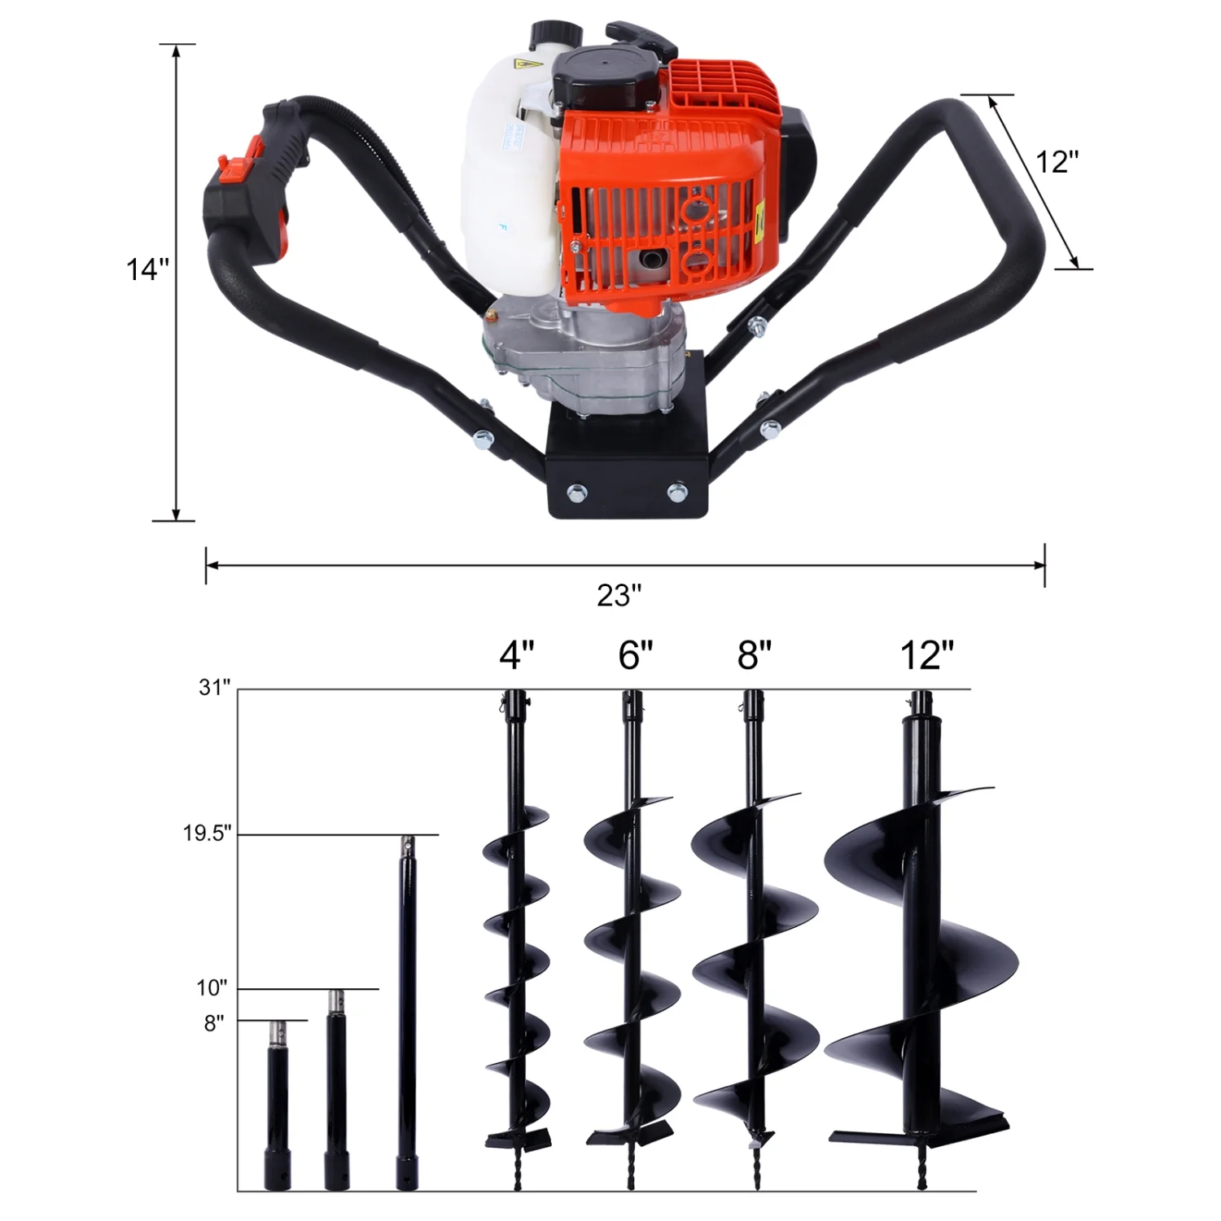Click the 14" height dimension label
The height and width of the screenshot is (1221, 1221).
point(147,269)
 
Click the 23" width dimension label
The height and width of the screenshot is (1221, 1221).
point(619,596)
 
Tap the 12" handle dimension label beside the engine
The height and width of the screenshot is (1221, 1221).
point(1057,162)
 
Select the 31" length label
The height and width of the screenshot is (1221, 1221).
point(215,688)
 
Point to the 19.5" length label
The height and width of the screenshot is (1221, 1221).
point(207,834)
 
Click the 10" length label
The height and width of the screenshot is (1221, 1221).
point(212,988)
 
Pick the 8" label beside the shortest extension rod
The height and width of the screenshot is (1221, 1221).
point(213,1023)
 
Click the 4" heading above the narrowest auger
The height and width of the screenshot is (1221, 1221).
point(517,655)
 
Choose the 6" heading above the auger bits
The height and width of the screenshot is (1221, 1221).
point(635,655)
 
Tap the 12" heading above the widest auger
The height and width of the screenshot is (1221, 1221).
point(927,655)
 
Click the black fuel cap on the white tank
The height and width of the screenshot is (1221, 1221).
point(557,37)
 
